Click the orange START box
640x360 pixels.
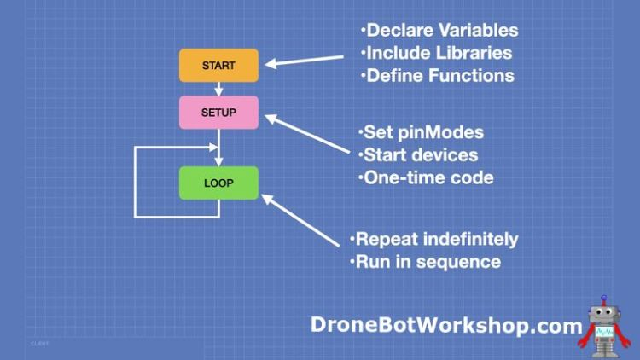pyautogui.click(x=218, y=66)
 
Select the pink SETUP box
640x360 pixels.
pyautogui.click(x=218, y=113)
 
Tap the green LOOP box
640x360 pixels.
pyautogui.click(x=218, y=183)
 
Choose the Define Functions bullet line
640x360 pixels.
pyautogui.click(x=436, y=75)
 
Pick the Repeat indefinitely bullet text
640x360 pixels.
pyautogui.click(x=433, y=239)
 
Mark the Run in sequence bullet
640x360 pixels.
pyautogui.click(x=425, y=261)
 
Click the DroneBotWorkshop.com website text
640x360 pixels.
pyautogui.click(x=446, y=324)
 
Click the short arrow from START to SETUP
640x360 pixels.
pyautogui.click(x=218, y=89)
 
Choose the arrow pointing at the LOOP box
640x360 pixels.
pyautogui.click(x=303, y=224)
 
